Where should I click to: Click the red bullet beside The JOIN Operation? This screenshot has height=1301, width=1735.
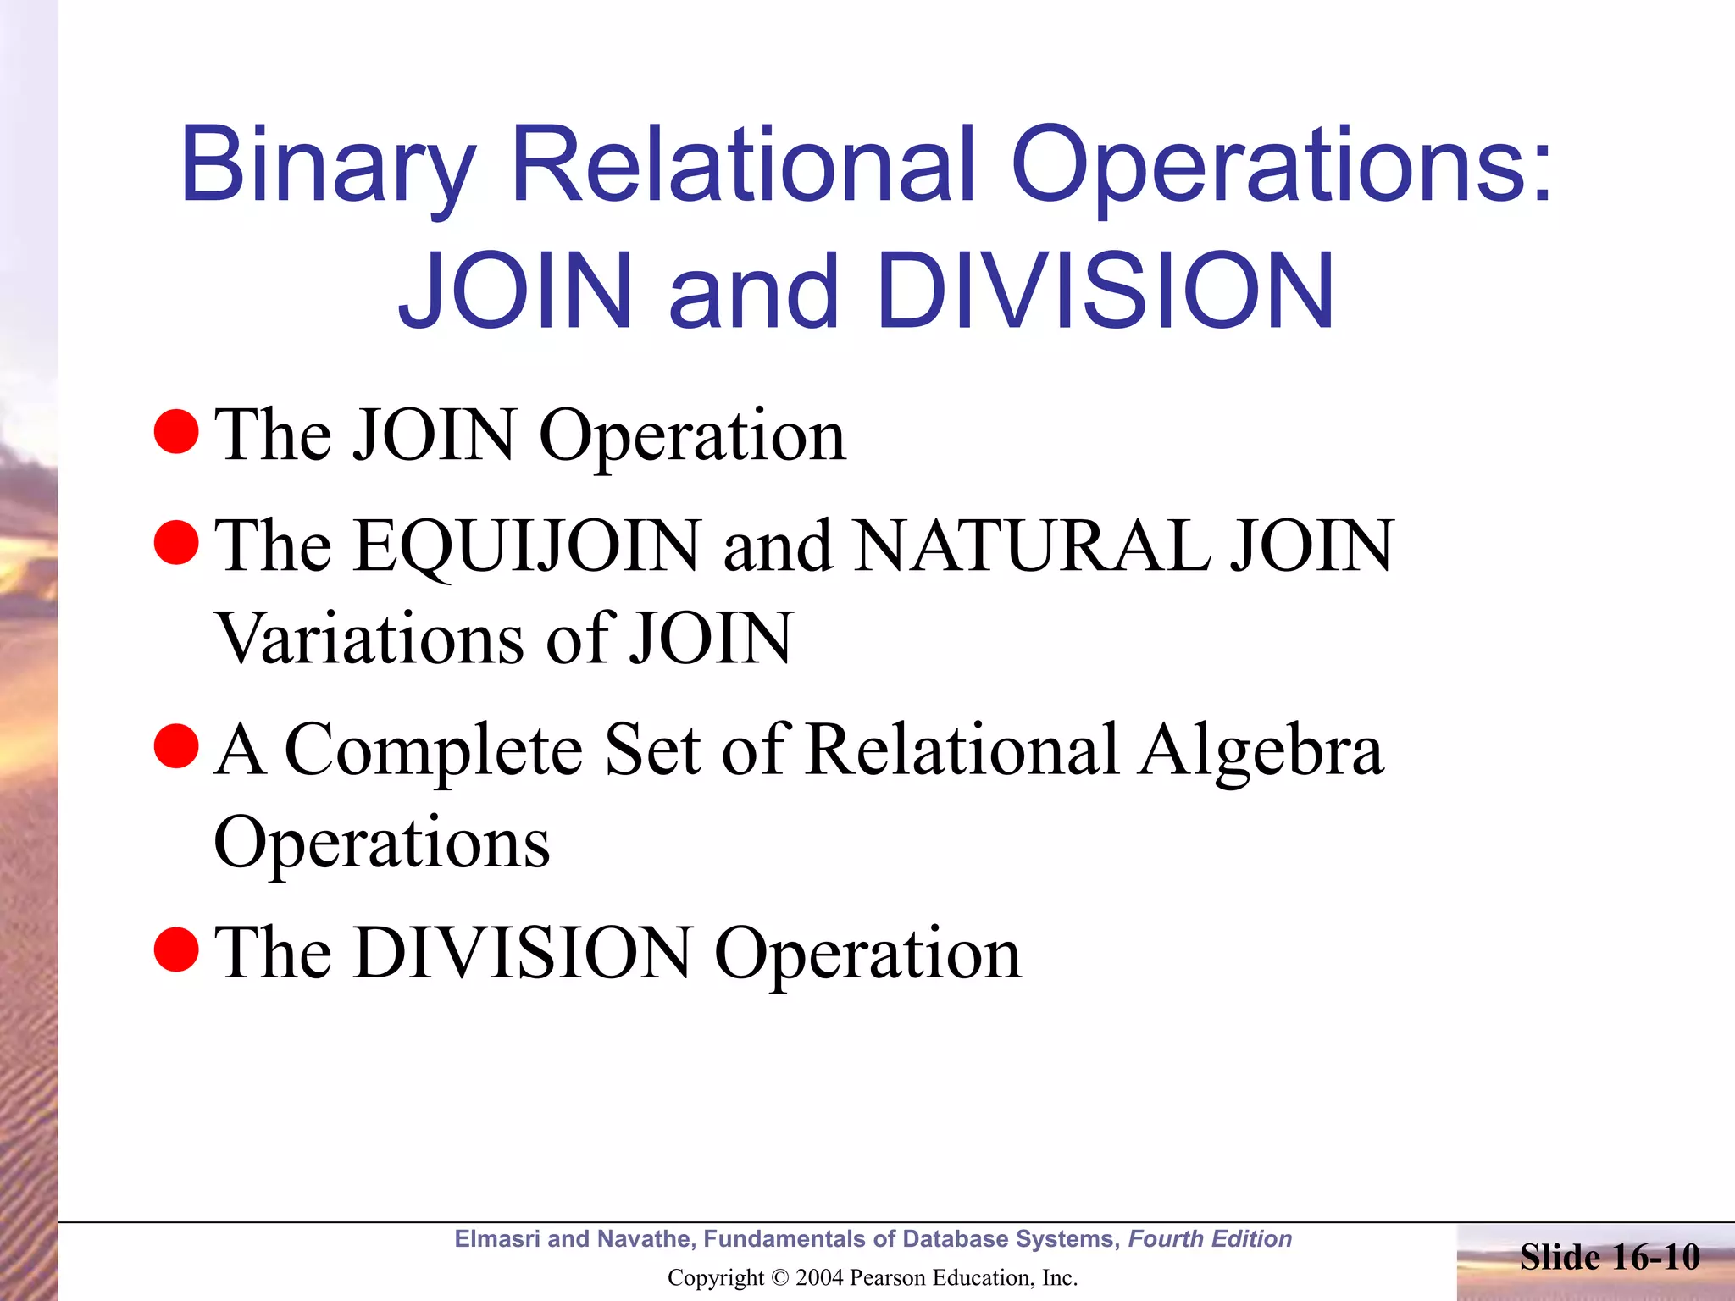coord(176,432)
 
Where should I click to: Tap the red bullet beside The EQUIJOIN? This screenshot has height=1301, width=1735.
coord(176,543)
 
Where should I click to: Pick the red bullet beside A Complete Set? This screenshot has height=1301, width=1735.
coord(176,746)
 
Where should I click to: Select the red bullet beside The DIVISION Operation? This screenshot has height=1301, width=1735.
coord(176,949)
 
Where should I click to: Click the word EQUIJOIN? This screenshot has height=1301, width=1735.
coord(527,546)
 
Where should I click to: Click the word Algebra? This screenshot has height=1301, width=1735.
coord(1261,750)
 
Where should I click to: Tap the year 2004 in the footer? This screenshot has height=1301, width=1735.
coord(820,1278)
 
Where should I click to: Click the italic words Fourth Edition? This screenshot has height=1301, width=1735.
coord(1210,1239)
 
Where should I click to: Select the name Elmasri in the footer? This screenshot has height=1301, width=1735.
coord(497,1239)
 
